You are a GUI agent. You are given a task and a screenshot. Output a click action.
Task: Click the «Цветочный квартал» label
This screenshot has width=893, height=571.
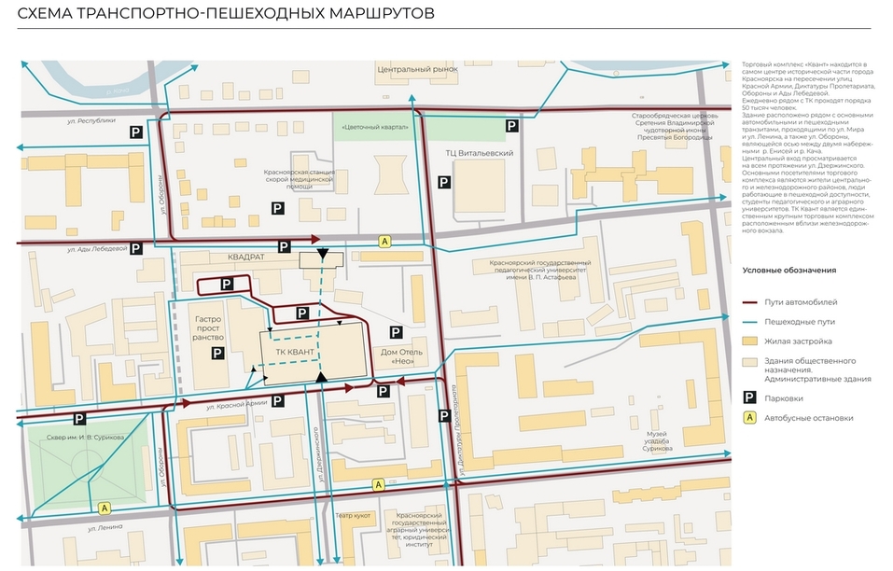click(x=375, y=127)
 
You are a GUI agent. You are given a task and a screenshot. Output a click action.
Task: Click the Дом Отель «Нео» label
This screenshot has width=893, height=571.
click(x=402, y=356)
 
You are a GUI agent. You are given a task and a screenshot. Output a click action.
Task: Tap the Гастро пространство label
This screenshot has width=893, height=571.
click(x=207, y=328)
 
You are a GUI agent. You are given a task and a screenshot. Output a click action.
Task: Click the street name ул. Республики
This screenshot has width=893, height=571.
click(x=91, y=120)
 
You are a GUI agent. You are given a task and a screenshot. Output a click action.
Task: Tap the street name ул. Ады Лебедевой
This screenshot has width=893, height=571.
click(x=96, y=249)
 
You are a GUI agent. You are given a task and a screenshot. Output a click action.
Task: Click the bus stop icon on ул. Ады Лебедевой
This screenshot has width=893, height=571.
click(x=384, y=241)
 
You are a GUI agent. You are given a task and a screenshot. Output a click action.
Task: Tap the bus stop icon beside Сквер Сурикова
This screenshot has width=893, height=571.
click(x=105, y=508)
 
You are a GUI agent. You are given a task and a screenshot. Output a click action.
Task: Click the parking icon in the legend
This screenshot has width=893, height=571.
click(x=748, y=398)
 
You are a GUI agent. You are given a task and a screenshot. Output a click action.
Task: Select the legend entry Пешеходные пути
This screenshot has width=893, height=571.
click(x=801, y=322)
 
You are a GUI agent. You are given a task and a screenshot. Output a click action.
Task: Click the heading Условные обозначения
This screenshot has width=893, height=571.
click(x=789, y=271)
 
